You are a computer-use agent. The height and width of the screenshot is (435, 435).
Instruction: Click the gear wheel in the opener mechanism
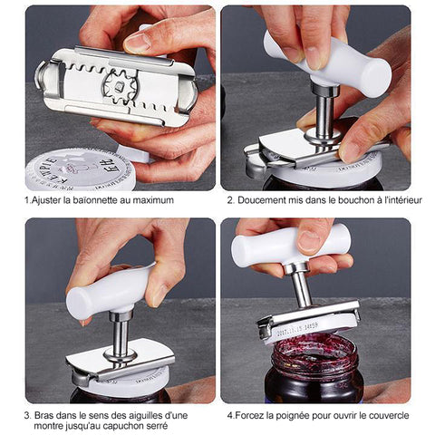pos(119,87)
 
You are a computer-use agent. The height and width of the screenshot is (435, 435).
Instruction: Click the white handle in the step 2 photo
pos(328,64)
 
